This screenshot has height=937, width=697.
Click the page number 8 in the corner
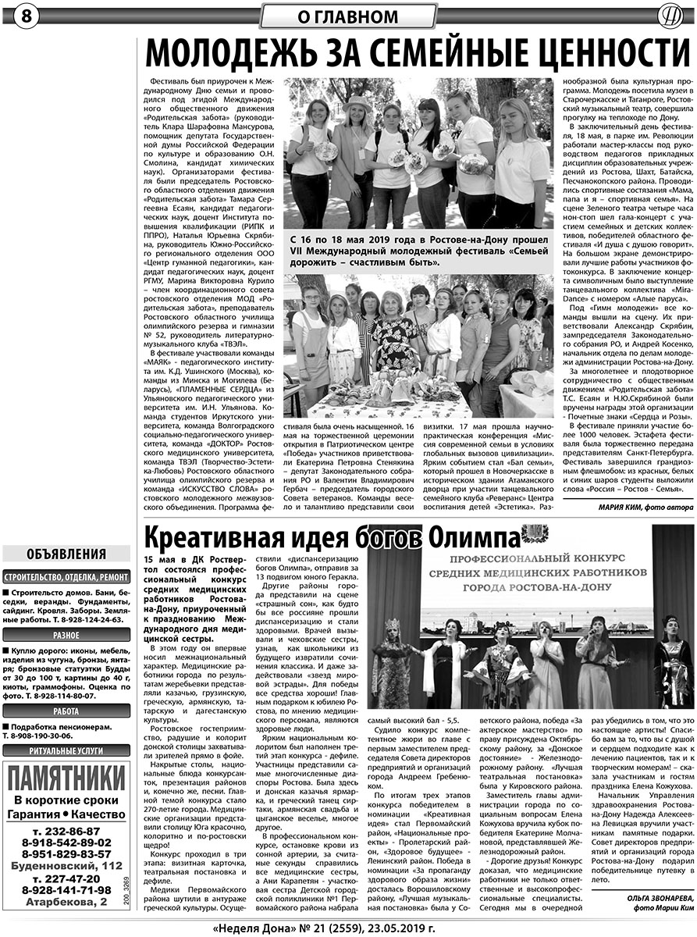click(x=16, y=16)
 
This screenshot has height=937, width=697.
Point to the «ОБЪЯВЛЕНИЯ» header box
click(x=66, y=554)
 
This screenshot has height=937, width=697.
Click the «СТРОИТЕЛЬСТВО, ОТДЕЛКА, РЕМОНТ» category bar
click(x=66, y=577)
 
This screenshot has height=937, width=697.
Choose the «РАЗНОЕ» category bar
click(x=66, y=636)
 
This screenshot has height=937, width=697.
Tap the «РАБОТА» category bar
click(x=66, y=711)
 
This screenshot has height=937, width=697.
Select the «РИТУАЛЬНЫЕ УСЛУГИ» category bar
click(x=66, y=751)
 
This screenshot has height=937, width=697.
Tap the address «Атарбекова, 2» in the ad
click(x=66, y=902)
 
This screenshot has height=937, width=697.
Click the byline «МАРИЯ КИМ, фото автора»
click(x=634, y=508)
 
